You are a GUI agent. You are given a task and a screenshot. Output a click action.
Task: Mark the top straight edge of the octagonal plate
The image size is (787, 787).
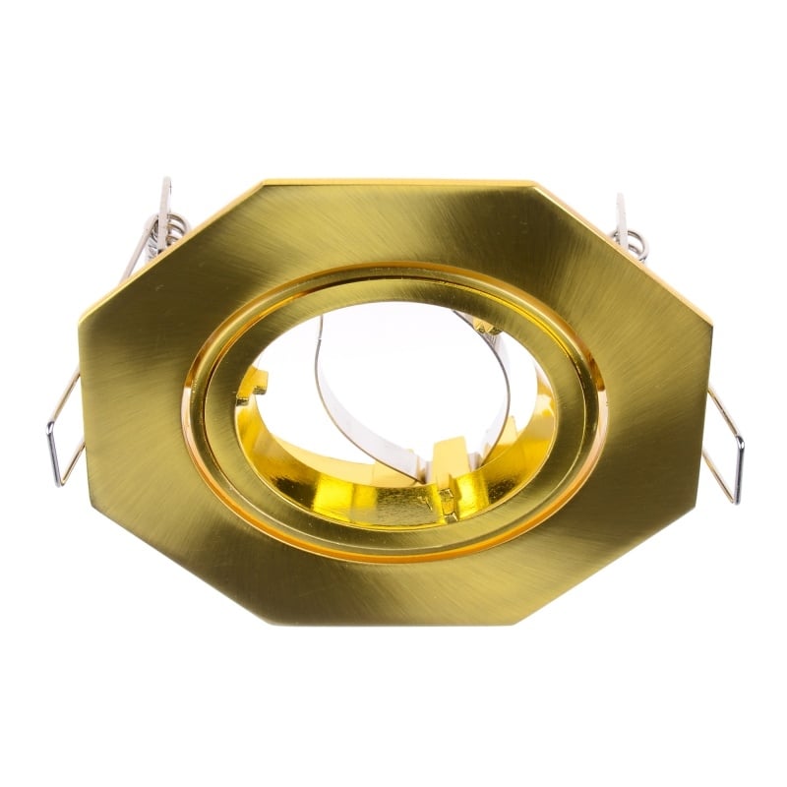[x=393, y=183]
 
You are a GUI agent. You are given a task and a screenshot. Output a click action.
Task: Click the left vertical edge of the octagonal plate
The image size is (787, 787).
[x=81, y=403]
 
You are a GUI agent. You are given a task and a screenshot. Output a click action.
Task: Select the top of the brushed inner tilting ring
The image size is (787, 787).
[x=393, y=280]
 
